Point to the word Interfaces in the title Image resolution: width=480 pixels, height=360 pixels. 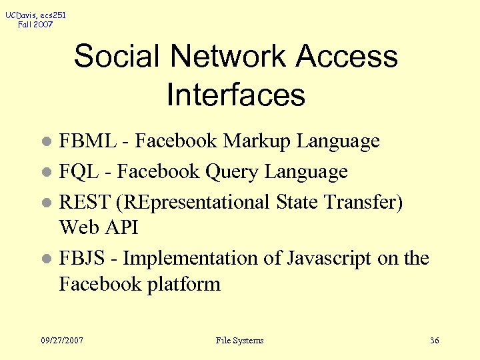point(236,95)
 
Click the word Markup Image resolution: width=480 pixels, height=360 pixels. point(257,141)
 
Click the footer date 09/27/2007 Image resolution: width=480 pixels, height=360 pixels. point(62,341)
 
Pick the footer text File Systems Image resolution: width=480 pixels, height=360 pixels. point(240,341)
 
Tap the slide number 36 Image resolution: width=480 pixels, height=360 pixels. point(435,341)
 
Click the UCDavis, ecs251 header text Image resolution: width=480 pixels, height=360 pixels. point(35,15)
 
